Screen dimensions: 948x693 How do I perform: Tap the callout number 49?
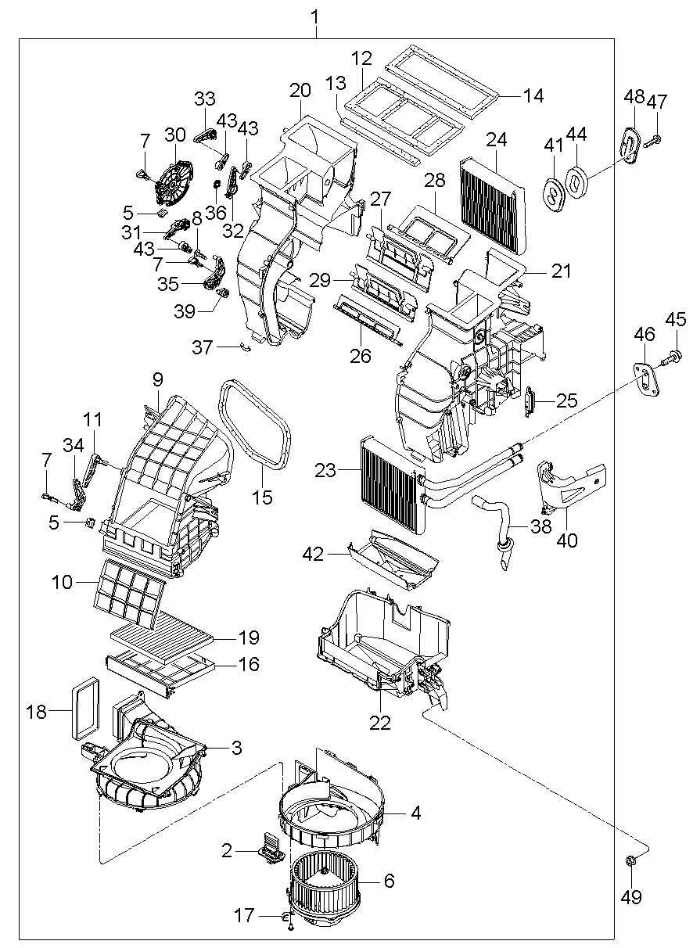coord(630,897)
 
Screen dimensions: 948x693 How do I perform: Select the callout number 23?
coord(325,470)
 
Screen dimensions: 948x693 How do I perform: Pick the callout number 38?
coord(541,526)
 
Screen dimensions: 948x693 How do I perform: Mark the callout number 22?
coord(379,723)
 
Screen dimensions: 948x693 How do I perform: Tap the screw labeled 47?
coord(655,139)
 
